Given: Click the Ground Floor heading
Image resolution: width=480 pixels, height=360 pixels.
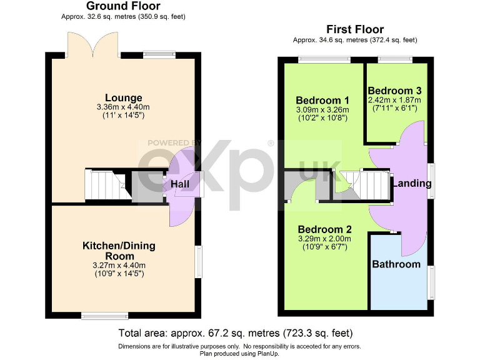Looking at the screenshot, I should click(123, 6).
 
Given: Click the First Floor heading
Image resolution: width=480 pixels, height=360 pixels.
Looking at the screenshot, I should click(355, 29).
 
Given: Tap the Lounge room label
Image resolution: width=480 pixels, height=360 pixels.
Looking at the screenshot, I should click(123, 97).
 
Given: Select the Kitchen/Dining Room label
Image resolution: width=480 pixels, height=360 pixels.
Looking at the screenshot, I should click(119, 251).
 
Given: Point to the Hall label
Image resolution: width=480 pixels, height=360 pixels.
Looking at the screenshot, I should click(180, 184).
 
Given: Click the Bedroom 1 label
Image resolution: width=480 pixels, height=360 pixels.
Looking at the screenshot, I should click(322, 100).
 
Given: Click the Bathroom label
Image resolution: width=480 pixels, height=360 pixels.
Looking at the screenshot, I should click(396, 264).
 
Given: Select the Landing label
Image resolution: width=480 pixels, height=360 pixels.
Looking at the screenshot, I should click(411, 183).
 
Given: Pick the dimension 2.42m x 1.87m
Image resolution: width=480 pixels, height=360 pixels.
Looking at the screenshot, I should click(394, 100).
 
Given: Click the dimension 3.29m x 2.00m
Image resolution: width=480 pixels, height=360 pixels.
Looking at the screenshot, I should click(324, 238).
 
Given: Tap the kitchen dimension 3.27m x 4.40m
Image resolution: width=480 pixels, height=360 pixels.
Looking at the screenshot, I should click(119, 266).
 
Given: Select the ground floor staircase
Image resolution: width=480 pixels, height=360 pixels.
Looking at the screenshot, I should click(104, 186).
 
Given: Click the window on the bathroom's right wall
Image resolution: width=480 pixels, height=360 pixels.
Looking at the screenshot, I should click(431, 282).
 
